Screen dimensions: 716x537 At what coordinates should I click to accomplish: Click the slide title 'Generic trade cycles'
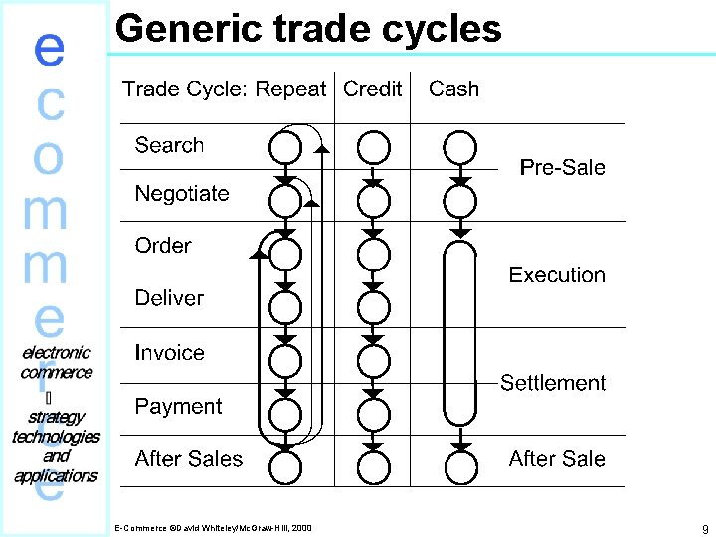pyautogui.click(x=308, y=28)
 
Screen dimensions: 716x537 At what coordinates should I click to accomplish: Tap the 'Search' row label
pyautogui.click(x=169, y=145)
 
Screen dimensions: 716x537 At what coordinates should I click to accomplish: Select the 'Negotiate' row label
pyautogui.click(x=182, y=193)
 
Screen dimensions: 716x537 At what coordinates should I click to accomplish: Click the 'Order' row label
pyautogui.click(x=163, y=245)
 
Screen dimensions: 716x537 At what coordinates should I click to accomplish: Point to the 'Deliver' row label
pyautogui.click(x=169, y=297)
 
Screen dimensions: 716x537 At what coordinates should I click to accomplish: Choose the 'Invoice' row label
pyautogui.click(x=169, y=352)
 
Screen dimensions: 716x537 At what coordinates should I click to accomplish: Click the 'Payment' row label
pyautogui.click(x=178, y=406)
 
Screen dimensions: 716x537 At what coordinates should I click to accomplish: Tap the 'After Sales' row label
pyautogui.click(x=188, y=458)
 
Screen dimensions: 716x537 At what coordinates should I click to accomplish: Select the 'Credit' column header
pyautogui.click(x=372, y=89)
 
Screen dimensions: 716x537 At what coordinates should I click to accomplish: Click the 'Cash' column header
pyautogui.click(x=453, y=89)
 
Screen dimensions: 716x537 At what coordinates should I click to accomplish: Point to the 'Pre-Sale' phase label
pyautogui.click(x=562, y=167)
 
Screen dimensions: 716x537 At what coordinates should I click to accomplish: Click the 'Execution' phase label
pyautogui.click(x=556, y=274)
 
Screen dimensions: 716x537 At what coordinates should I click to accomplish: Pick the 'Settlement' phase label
pyautogui.click(x=552, y=382)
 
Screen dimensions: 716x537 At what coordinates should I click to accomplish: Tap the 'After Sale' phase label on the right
pyautogui.click(x=556, y=458)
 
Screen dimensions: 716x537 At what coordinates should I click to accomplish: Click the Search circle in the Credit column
pyautogui.click(x=373, y=148)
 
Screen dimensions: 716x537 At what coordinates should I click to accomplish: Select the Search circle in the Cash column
pyautogui.click(x=459, y=148)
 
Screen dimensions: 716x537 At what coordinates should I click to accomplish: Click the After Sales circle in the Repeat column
pyautogui.click(x=285, y=465)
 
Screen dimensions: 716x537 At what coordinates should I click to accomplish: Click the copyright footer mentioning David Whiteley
pyautogui.click(x=213, y=527)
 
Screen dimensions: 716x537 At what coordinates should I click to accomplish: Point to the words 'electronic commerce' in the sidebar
pyautogui.click(x=57, y=362)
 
